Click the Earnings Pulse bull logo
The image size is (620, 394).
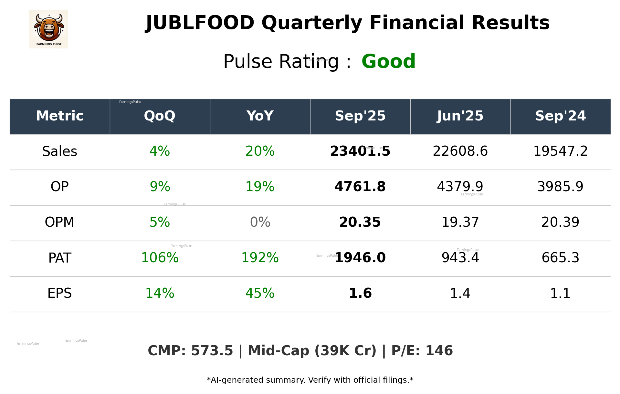point(48,29)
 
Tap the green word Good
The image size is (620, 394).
point(388,61)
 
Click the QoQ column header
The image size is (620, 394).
point(160,116)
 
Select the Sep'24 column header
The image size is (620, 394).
point(560,116)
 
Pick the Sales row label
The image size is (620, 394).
point(60,151)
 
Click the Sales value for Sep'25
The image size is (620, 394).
point(360,151)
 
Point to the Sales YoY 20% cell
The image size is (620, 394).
point(260,151)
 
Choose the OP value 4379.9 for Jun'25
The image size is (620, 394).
point(460,187)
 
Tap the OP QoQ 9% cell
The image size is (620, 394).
point(160,187)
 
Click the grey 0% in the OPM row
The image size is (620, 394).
point(260,222)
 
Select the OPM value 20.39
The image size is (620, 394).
point(560,222)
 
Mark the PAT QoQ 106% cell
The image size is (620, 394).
point(160,258)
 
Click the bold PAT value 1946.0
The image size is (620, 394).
point(360,258)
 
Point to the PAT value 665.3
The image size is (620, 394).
point(560,258)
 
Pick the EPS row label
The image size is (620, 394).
point(60,293)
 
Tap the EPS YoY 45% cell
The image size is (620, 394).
point(260,293)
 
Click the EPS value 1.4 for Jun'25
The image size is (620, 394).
point(460,293)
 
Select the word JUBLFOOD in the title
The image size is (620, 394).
point(200,23)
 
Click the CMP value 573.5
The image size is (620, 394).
point(212,351)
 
